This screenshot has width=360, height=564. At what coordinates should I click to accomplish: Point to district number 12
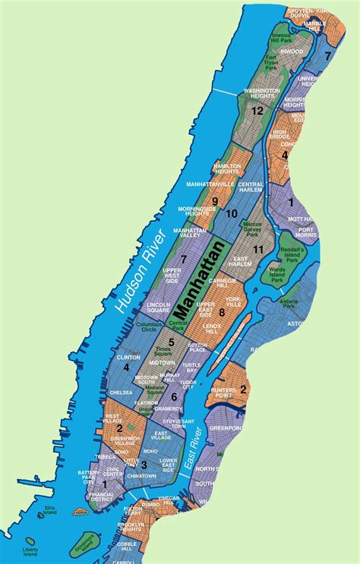[257, 110]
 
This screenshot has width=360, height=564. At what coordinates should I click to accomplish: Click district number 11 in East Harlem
[259, 249]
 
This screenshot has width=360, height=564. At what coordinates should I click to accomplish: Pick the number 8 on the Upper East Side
[222, 312]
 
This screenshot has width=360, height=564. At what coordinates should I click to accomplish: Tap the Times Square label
[163, 354]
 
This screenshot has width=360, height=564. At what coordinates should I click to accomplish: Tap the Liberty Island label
[30, 550]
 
